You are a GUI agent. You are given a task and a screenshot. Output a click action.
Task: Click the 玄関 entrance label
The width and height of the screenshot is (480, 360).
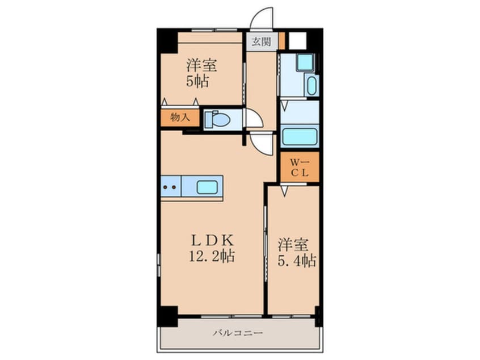point(261,41)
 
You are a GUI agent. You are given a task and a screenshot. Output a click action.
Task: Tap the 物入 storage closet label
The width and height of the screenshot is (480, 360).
point(180,117)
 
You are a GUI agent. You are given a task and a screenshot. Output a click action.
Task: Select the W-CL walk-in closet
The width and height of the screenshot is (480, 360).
point(300,167)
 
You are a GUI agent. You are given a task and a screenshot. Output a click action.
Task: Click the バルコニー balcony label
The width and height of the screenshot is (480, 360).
point(238,333)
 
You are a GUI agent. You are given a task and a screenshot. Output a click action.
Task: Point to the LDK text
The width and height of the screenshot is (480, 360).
point(212,240)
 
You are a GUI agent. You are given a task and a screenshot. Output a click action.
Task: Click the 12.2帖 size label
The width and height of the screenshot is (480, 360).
point(212,256)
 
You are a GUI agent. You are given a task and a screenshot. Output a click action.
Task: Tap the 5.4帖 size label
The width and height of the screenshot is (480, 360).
point(297,261)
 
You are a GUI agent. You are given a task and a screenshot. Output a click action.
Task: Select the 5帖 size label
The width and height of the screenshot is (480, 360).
point(197,81)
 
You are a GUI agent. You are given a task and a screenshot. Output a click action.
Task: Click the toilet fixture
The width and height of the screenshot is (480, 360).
point(217,119)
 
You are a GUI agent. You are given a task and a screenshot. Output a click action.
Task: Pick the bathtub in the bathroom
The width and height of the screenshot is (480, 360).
point(300,137)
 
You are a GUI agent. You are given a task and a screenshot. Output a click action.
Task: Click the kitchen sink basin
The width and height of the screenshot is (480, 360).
point(207,187)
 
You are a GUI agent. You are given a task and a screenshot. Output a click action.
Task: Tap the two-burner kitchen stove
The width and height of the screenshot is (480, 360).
point(171,186)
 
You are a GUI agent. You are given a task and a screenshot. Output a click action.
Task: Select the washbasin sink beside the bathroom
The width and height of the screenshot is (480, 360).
point(311,86)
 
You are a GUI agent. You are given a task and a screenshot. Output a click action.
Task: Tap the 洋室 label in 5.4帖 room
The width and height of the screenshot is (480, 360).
point(293,245)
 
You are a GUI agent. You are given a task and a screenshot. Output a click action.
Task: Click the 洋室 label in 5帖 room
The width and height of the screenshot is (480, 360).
point(202,65)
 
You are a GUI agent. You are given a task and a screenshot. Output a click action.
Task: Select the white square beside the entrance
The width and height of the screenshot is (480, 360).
point(297,41)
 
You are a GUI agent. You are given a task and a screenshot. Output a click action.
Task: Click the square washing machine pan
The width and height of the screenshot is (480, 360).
point(305,62)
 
